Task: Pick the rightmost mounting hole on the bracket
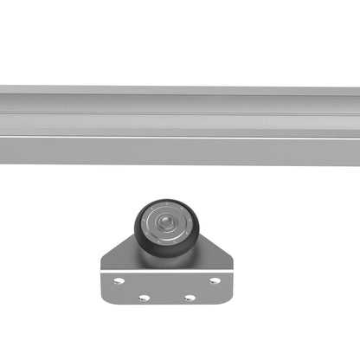[215, 281]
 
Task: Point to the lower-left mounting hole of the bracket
[144, 297]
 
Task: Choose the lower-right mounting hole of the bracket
[190, 297]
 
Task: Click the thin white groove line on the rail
[180, 137]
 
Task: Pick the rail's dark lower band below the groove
[180, 151]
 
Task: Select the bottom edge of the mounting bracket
[167, 308]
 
